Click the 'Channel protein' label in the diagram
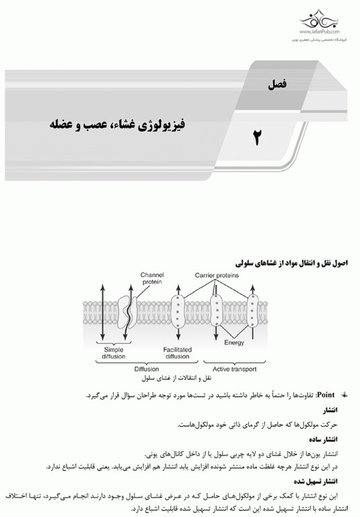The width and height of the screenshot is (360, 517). point(152,279)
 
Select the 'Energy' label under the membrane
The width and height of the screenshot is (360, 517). point(234,343)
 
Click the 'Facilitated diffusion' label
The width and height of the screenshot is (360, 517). point(178,353)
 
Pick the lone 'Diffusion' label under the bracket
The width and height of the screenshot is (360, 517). point(146,370)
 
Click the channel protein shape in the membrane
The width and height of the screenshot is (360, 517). point(125,311)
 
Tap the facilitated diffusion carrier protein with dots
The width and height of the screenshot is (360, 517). point(178,311)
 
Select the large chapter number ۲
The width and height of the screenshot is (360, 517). point(256,138)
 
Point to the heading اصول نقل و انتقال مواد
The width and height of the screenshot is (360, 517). point(296,260)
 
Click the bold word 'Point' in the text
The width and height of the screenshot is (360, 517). point(329,395)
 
